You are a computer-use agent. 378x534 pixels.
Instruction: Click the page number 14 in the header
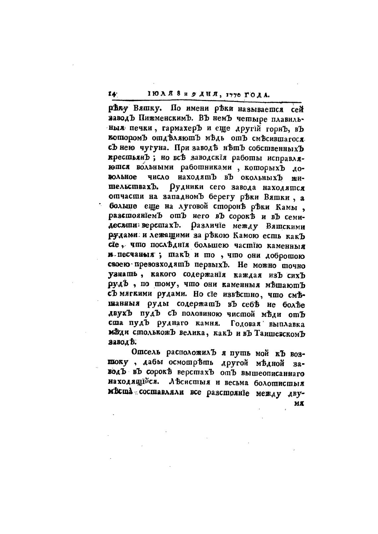(111, 94)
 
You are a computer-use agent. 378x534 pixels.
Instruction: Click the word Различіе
(211, 226)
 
